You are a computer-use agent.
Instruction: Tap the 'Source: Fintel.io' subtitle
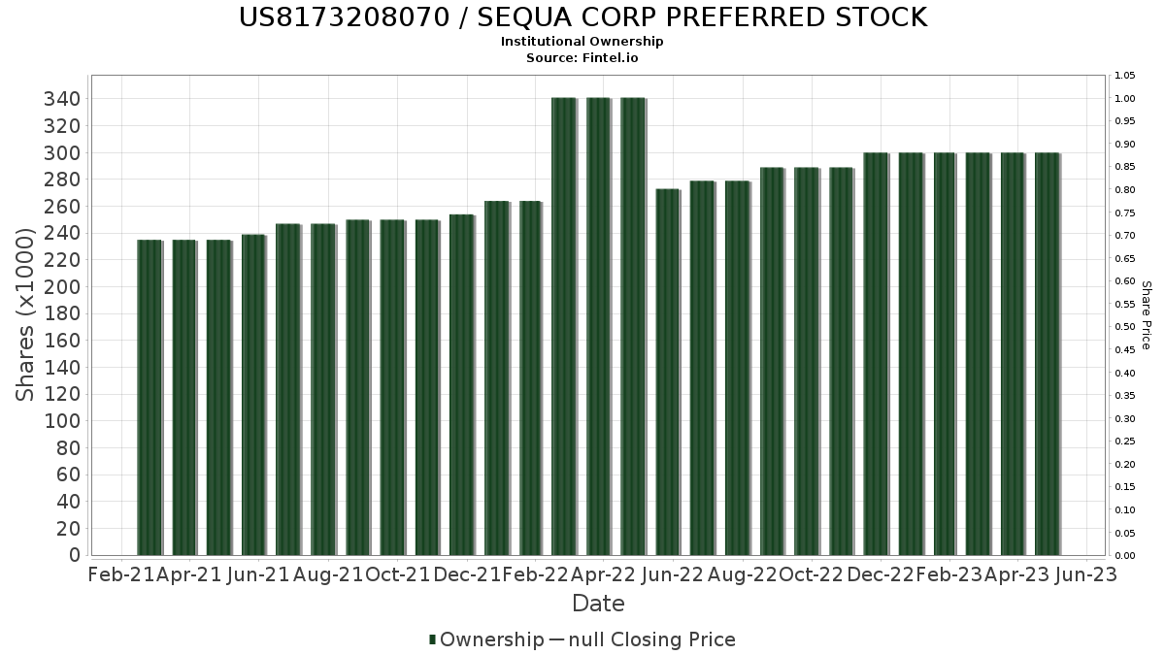(x=582, y=57)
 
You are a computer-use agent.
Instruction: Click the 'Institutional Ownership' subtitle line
(x=582, y=42)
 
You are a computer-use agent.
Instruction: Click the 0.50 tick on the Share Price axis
(x=1124, y=327)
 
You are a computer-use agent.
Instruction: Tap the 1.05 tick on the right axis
(x=1124, y=76)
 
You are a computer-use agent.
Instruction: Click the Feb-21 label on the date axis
(x=121, y=574)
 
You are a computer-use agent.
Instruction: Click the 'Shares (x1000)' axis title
(x=26, y=314)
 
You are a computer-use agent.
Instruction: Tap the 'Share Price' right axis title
(x=1146, y=314)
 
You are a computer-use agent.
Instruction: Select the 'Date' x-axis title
(x=598, y=604)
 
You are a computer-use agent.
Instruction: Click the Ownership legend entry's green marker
(x=432, y=639)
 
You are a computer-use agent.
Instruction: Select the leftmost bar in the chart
(x=149, y=397)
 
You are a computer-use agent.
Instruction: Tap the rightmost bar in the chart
(x=1047, y=354)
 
